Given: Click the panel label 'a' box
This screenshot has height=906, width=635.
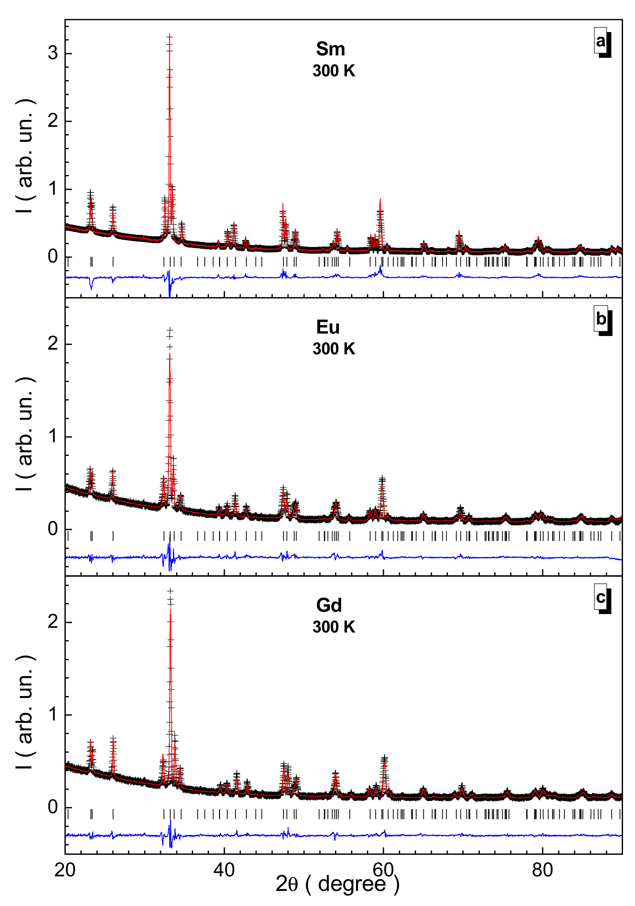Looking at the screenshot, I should coord(600,41).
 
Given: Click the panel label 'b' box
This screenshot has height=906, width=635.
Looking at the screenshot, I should coord(601,319).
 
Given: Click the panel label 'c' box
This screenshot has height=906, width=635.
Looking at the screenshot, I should coord(600,597).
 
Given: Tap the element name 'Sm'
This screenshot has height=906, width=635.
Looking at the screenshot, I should coord(330,49).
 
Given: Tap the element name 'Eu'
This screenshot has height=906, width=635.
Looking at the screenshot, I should coord(328,328).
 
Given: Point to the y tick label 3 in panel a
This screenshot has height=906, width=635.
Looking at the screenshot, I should coord(53,53).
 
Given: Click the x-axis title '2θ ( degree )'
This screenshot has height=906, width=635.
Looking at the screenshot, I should coord(338,884).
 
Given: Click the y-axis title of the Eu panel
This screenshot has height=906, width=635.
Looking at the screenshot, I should coord(25,434).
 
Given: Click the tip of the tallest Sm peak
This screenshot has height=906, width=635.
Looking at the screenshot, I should coord(169,35).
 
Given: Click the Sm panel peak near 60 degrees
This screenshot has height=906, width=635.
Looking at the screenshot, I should coord(380,199).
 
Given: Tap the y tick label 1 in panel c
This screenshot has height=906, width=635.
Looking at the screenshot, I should coord(53,714).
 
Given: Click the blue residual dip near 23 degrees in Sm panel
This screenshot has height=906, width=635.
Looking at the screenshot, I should coord(91,288).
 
